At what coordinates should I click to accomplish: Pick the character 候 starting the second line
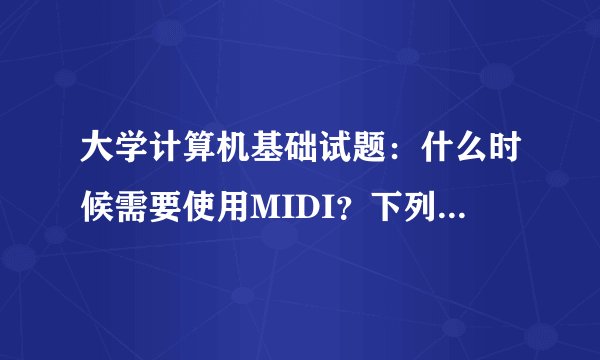point(97,206)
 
